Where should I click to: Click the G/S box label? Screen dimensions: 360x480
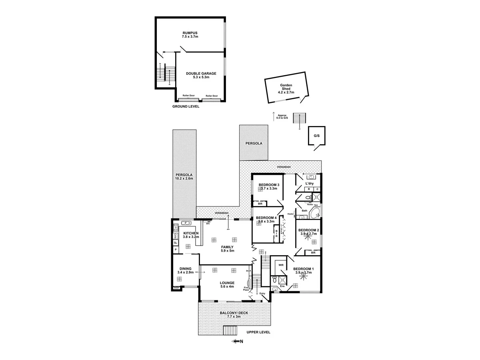coord(317,136)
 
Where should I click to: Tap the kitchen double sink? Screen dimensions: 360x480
coord(186,223)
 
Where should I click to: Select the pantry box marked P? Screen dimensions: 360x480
coord(175,250)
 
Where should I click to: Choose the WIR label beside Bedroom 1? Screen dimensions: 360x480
coord(281,265)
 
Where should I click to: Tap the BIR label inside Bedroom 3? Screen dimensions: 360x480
coord(260,204)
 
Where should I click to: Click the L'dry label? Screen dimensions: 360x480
coord(309,183)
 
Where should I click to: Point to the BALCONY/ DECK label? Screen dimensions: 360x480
coord(234,314)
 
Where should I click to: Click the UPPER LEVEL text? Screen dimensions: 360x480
coord(258,332)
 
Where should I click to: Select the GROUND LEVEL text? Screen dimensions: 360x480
coord(186,106)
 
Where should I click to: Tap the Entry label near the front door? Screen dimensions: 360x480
coord(262,294)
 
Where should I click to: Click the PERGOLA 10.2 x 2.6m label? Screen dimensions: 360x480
coord(184,176)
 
